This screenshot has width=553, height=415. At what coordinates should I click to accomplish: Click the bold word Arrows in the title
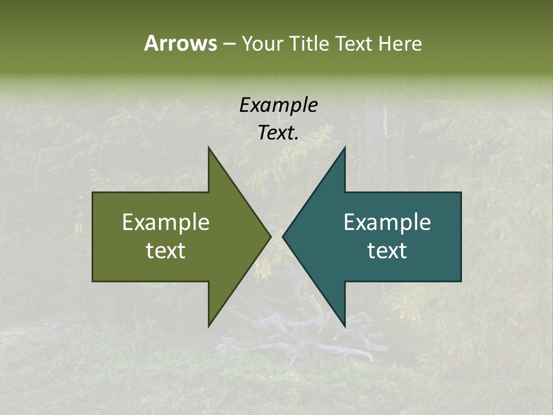[x=180, y=43]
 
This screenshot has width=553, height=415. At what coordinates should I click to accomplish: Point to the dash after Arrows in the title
[x=229, y=44]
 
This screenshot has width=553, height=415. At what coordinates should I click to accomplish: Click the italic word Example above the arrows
[x=278, y=105]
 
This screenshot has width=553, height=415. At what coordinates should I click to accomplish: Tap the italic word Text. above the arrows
[x=278, y=133]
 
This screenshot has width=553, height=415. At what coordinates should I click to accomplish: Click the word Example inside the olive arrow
[x=166, y=222]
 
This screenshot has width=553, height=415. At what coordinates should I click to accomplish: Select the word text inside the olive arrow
[x=166, y=251]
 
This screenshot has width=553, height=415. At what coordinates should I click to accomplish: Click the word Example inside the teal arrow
[x=387, y=222]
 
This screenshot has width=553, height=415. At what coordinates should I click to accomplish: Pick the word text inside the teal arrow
[x=387, y=251]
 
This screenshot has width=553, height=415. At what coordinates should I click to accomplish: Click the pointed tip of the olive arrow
[x=270, y=236]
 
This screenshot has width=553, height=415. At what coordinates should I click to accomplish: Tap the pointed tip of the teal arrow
[x=283, y=236]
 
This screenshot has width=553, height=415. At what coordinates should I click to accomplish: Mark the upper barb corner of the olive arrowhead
[x=209, y=148]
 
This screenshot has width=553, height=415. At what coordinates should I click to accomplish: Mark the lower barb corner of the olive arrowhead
[x=209, y=326]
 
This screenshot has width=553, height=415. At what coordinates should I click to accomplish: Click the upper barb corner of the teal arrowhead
[x=345, y=148]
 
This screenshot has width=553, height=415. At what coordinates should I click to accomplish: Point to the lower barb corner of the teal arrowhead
[x=345, y=326]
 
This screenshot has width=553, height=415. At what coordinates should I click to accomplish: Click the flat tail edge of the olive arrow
[x=93, y=236]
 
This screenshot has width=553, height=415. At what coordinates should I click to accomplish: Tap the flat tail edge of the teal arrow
[x=461, y=236]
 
